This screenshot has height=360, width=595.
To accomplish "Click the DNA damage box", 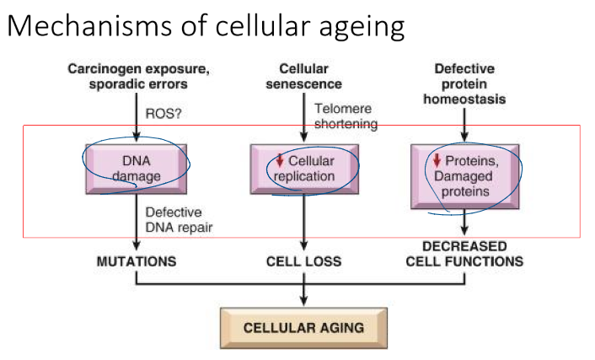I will (136, 167).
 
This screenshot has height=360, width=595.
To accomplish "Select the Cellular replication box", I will (303, 167).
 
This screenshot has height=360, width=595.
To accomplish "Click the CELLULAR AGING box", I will (303, 328).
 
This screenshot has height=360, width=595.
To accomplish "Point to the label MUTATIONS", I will (136, 261).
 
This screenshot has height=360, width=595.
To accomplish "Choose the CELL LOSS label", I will (303, 261).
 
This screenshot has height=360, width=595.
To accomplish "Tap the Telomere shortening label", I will (345, 116).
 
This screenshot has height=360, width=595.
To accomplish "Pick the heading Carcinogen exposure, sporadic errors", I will (136, 76).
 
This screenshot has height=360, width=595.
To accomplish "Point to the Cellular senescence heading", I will (303, 76).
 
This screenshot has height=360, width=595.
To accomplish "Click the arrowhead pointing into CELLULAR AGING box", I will (303, 303).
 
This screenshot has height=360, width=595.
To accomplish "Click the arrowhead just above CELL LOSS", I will (303, 246).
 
